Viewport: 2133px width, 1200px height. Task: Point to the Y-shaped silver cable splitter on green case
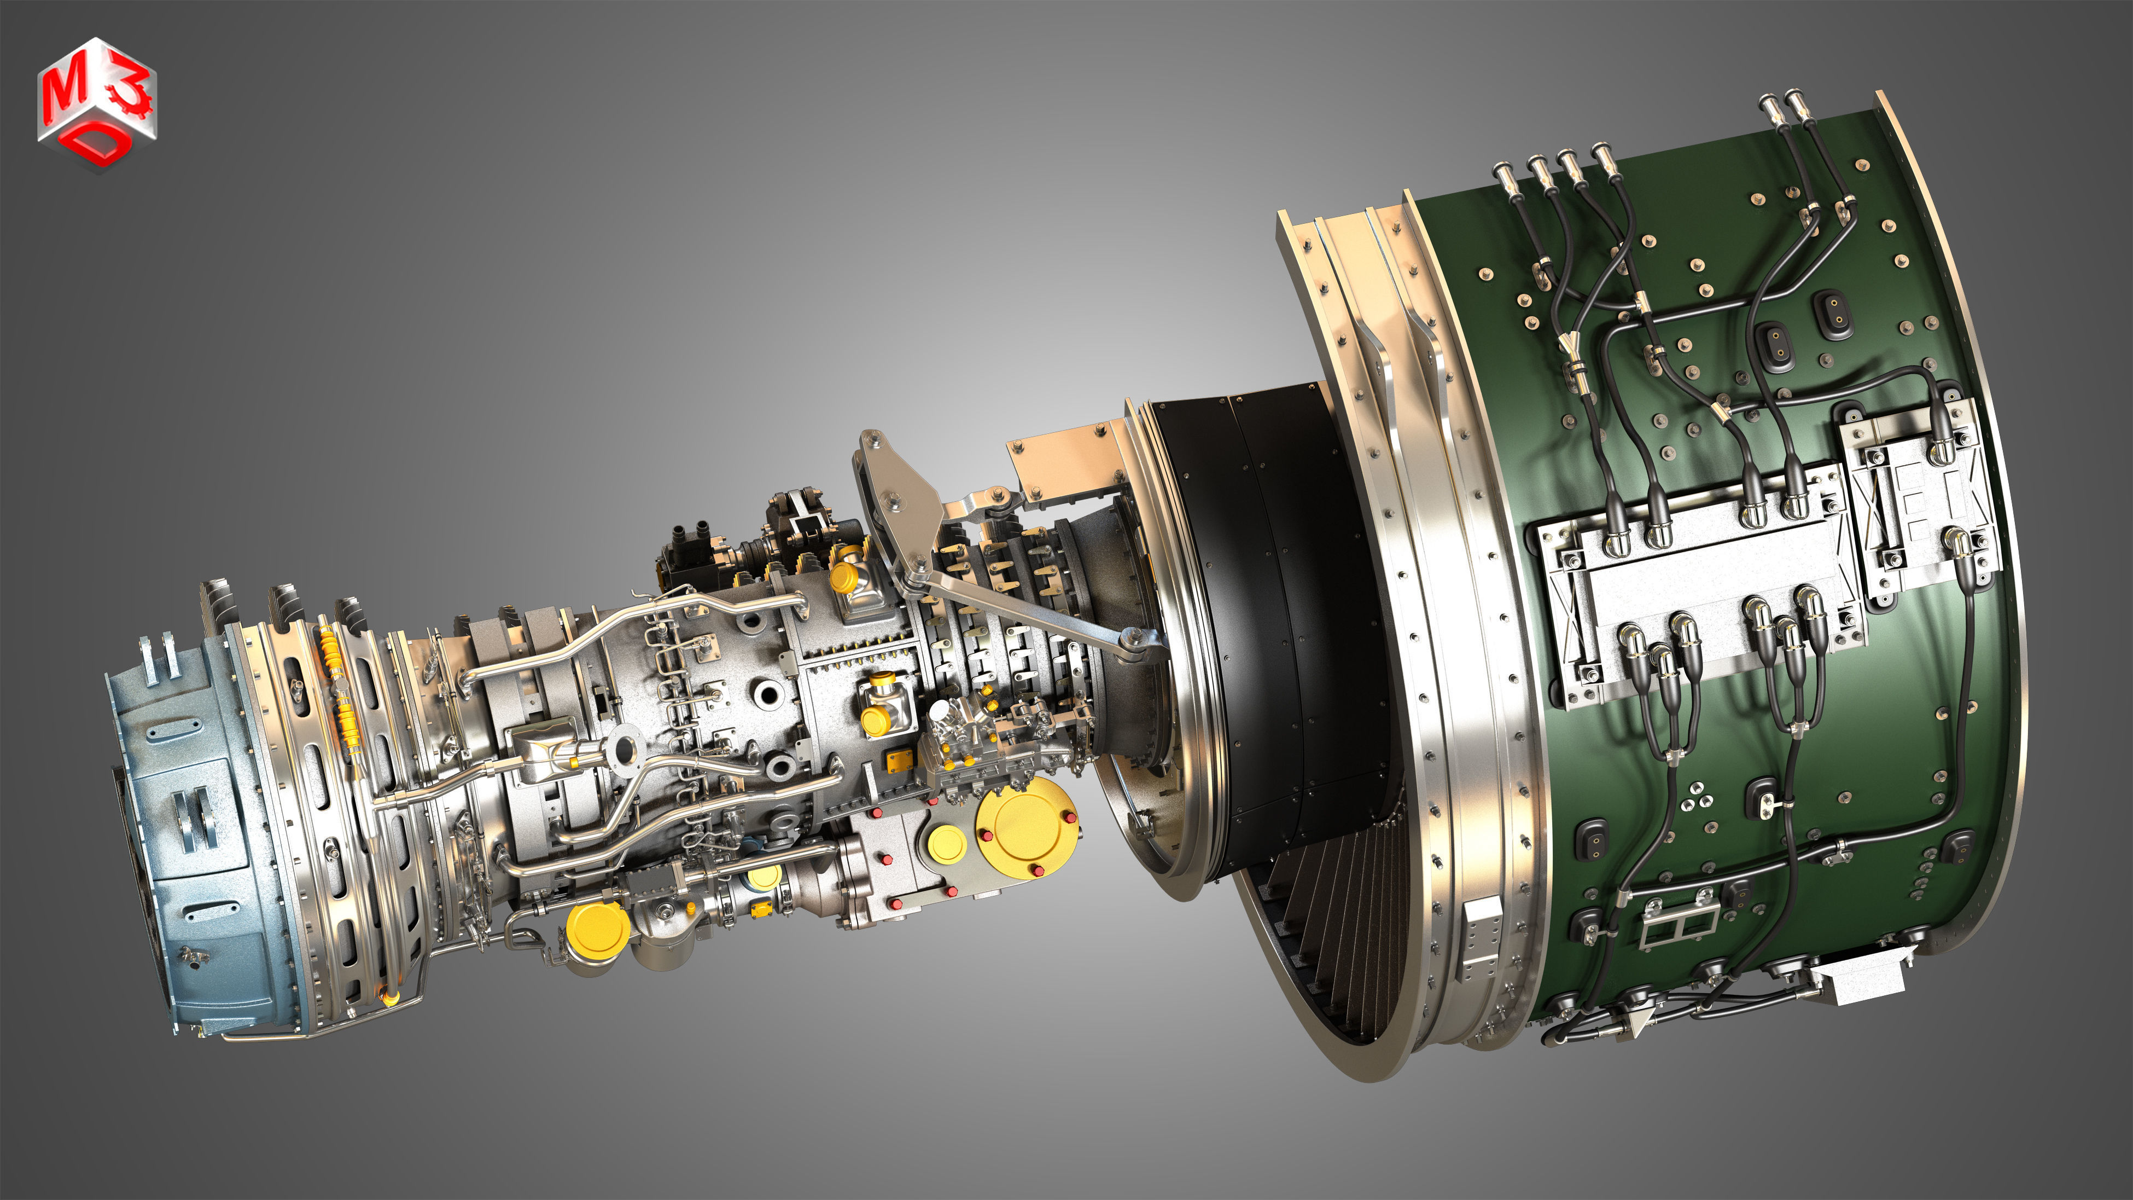pos(1570,352)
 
